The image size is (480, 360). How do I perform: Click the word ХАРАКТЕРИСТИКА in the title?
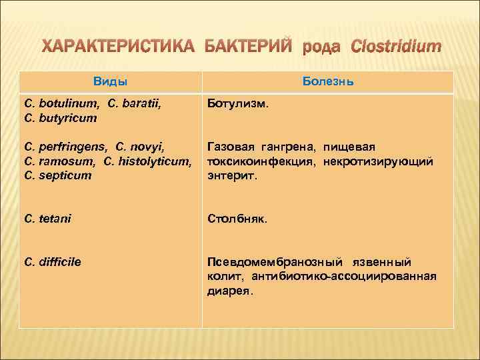[x=115, y=47]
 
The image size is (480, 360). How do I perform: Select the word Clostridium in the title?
[x=395, y=47]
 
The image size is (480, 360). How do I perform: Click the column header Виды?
[x=110, y=81]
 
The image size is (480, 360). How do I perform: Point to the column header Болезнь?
[x=327, y=81]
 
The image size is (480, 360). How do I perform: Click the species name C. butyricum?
[x=61, y=118]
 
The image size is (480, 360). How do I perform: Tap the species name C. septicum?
[x=58, y=176]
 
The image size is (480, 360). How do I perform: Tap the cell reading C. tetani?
[x=47, y=218]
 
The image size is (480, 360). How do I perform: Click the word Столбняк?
[x=237, y=218]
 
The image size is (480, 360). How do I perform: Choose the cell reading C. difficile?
[x=53, y=262]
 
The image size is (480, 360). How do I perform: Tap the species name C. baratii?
[x=139, y=104]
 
